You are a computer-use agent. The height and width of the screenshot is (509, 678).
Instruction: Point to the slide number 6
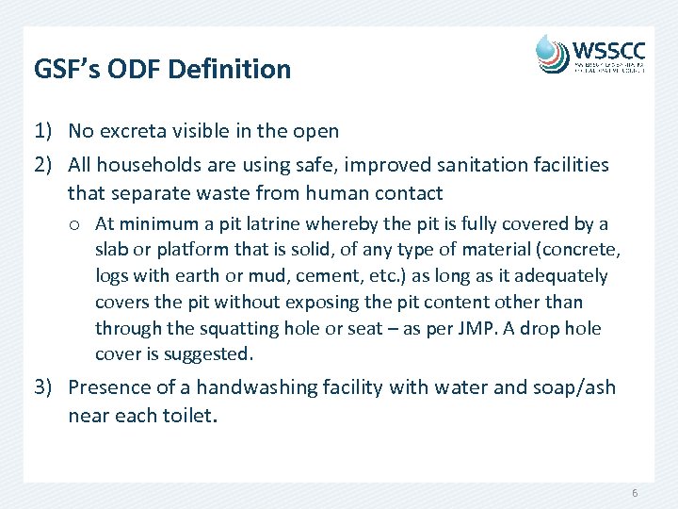pyautogui.click(x=635, y=494)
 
